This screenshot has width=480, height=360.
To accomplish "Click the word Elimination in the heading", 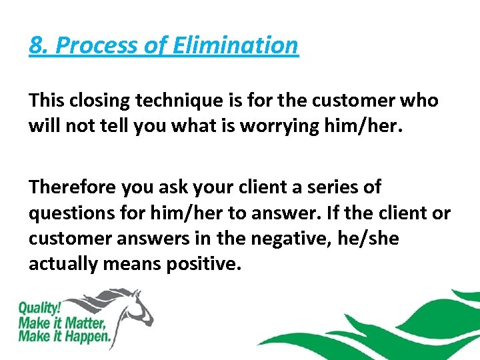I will [x=236, y=45].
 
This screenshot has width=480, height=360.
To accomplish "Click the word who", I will [x=419, y=101].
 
